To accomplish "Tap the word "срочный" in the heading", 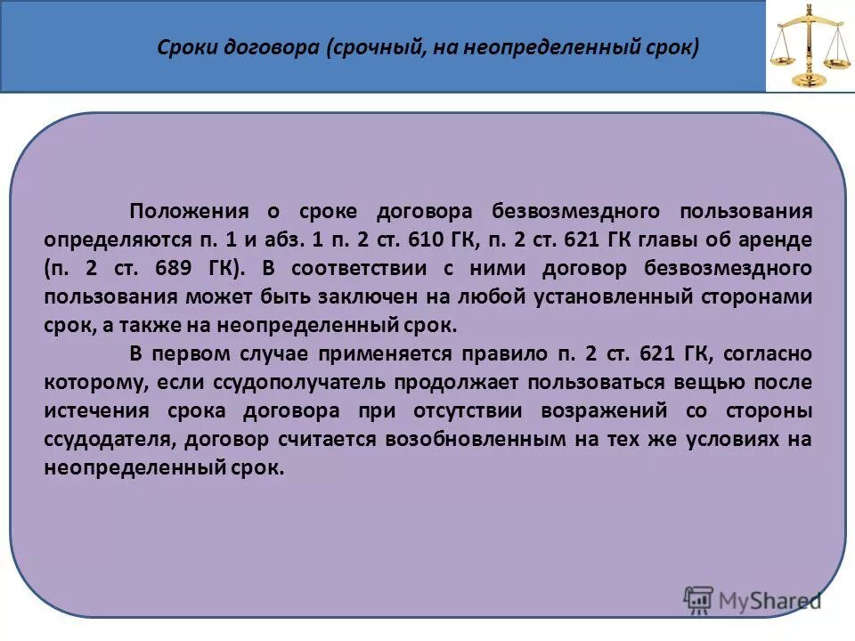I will pos(374,47).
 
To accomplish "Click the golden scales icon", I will pos(809,45).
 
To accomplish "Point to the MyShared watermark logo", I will pos(753,599).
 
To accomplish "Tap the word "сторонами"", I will pos(761,296).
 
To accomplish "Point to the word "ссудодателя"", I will pos(105,440).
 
